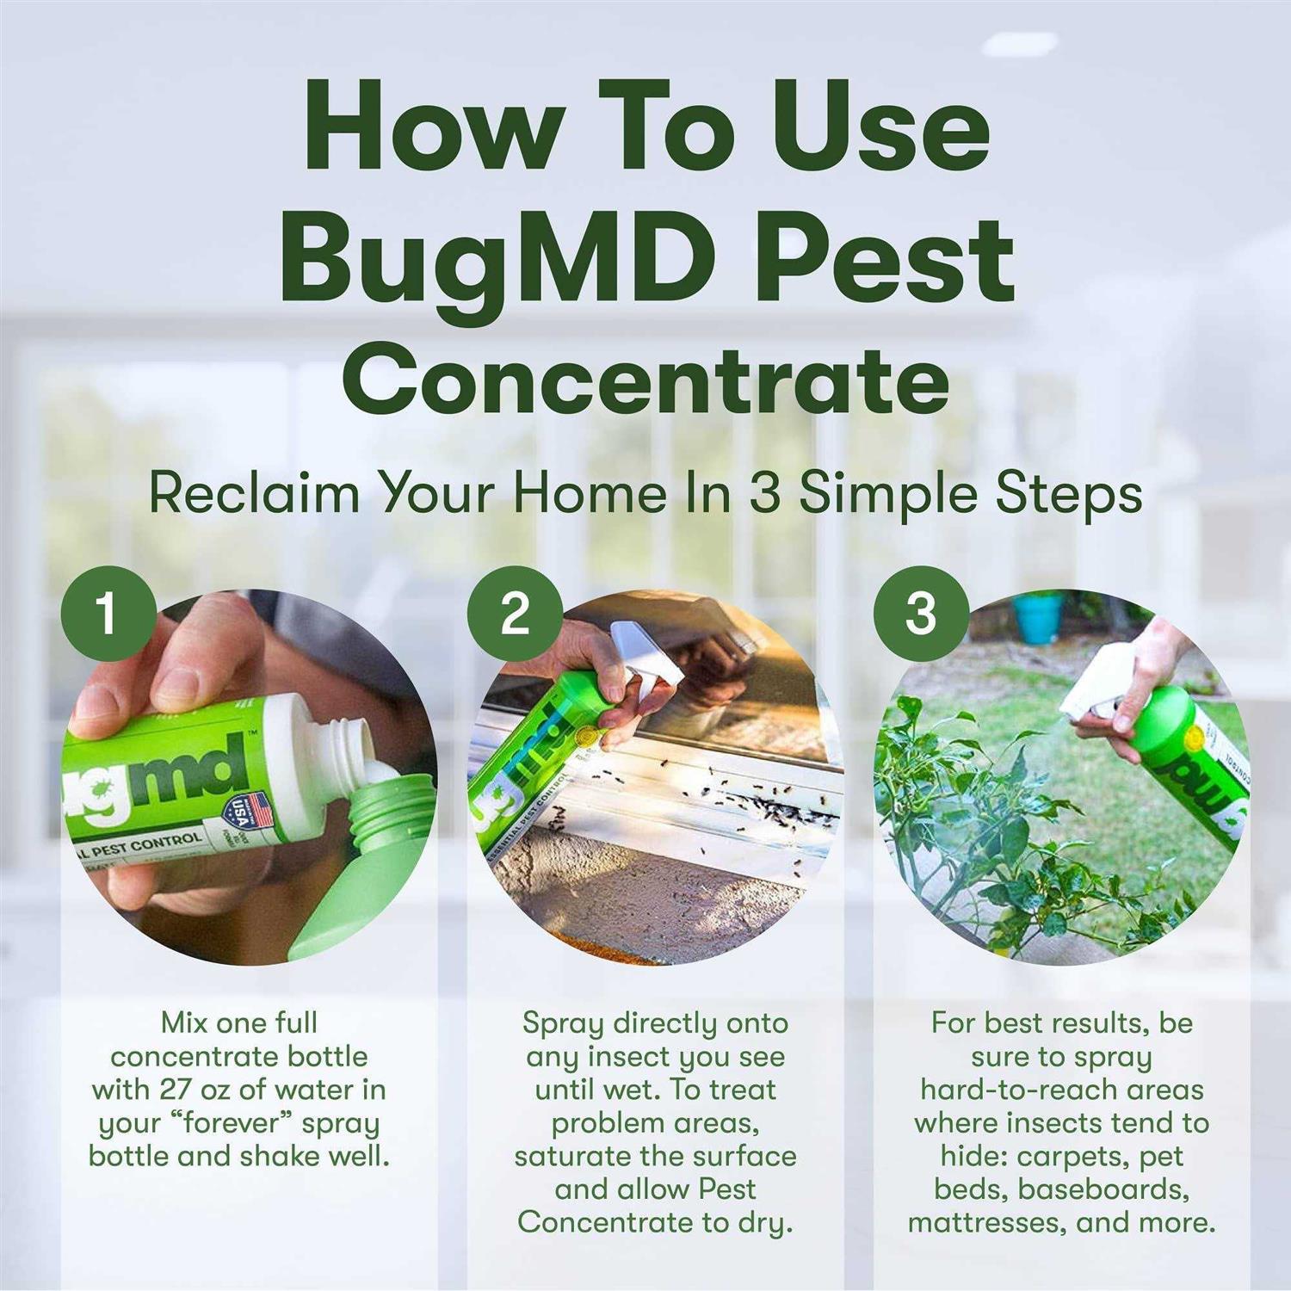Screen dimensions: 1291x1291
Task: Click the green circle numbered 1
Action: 108,614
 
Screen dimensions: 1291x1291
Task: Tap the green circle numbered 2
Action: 515,614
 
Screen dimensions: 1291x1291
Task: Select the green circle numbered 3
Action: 921,614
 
